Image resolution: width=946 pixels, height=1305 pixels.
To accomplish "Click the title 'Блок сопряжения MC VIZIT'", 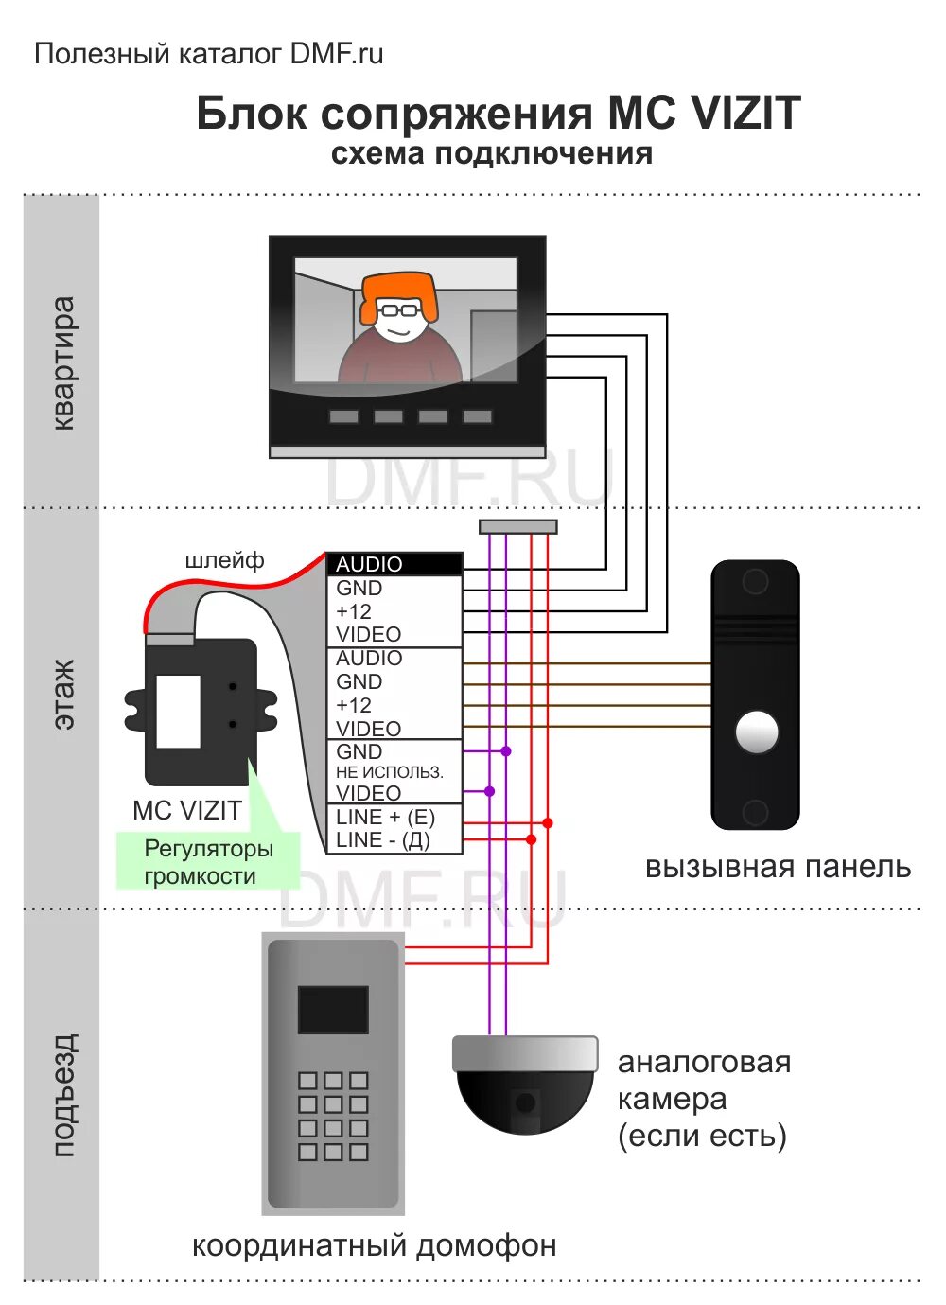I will (498, 114).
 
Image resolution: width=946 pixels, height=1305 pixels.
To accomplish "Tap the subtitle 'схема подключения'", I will (491, 153).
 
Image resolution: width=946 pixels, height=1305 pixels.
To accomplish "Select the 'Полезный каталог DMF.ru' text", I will (209, 54).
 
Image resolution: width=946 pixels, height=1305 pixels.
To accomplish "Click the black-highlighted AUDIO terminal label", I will (369, 564).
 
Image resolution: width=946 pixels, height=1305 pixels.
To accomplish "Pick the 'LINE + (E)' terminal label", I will (385, 817).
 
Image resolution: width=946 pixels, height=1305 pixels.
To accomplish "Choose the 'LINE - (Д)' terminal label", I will (382, 839).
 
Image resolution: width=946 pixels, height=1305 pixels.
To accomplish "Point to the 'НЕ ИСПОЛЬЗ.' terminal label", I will (389, 772).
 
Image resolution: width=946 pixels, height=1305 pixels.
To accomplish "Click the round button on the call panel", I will (757, 732).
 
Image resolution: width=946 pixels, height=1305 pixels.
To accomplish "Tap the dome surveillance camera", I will (525, 1085).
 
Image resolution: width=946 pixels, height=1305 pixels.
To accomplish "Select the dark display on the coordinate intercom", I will (333, 1010).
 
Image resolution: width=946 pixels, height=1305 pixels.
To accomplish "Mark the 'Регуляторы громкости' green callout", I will (208, 861).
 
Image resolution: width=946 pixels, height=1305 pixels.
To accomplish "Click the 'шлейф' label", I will (224, 560).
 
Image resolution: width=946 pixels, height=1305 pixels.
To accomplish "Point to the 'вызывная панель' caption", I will (778, 867).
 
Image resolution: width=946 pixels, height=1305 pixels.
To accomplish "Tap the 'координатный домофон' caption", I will (374, 1245).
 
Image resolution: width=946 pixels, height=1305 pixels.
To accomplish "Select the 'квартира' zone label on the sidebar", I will (62, 363).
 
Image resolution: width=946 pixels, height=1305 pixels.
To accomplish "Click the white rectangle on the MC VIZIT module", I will (178, 711).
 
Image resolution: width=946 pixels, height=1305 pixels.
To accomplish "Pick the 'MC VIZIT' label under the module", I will (187, 810).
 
